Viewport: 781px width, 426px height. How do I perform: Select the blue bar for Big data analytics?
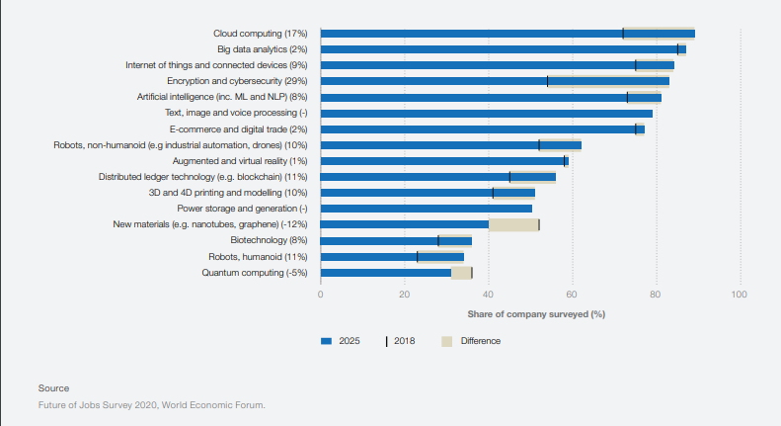click(499, 49)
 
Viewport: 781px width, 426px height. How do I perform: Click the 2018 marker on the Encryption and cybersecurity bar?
click(547, 81)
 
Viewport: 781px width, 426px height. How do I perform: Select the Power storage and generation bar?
click(426, 209)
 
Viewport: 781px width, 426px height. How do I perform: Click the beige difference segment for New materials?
click(513, 224)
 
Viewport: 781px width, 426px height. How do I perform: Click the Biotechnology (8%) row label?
click(270, 240)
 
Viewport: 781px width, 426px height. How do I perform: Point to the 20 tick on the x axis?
click(404, 295)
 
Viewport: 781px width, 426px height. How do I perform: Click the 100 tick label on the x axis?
click(739, 295)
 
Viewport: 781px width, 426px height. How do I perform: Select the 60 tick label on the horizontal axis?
click(572, 295)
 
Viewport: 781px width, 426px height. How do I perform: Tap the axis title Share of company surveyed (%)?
click(536, 314)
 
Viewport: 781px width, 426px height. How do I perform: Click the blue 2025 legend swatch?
click(327, 341)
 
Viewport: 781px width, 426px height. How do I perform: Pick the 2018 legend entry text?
click(404, 341)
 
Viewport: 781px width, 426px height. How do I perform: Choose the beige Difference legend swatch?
click(446, 341)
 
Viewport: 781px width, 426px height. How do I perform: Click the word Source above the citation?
click(53, 387)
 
